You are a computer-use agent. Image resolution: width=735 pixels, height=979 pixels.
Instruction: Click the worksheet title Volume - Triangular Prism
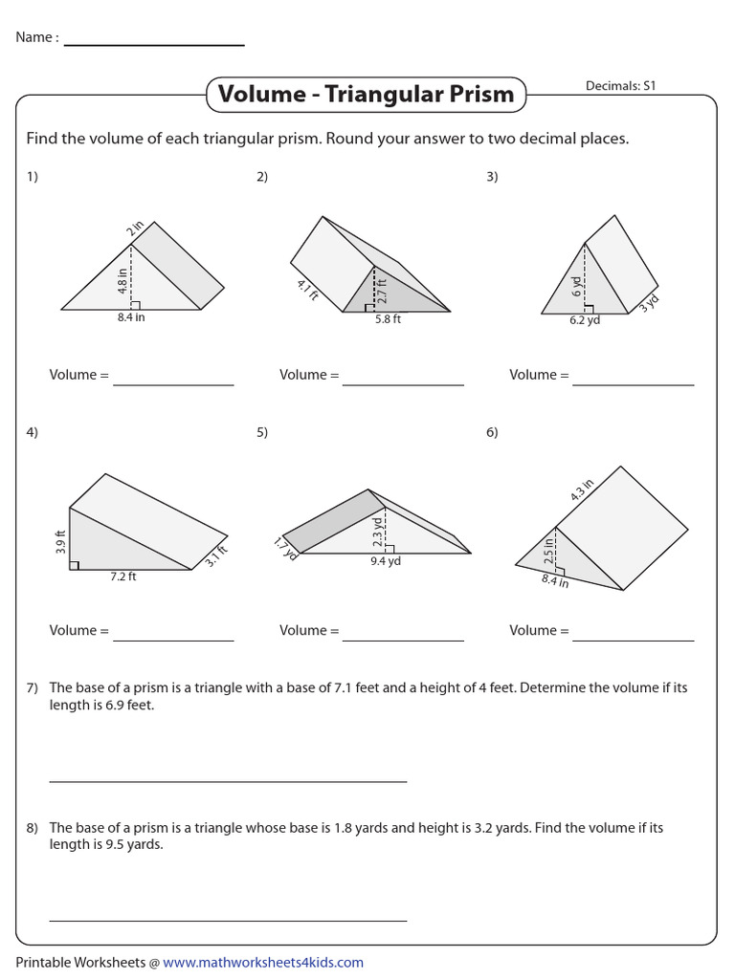[x=366, y=95]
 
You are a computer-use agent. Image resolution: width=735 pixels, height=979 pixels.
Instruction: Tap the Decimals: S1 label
[x=621, y=86]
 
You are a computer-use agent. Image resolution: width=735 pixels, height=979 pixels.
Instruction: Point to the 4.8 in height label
[x=123, y=278]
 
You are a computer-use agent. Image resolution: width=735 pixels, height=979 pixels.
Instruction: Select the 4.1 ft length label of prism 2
[x=307, y=291]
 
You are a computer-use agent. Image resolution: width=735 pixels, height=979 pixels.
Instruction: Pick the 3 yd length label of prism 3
[x=649, y=303]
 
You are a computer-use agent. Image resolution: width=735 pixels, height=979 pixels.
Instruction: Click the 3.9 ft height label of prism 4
[x=60, y=542]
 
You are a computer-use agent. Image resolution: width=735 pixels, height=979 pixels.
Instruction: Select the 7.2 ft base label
[x=123, y=577]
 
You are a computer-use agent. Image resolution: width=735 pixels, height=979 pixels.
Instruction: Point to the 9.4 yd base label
[x=385, y=562]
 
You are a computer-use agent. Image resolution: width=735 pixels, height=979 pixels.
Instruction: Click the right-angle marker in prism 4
[x=74, y=565]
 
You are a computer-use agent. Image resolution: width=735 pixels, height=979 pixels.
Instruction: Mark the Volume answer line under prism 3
[x=633, y=385]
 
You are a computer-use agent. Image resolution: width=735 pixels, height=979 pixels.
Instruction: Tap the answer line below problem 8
[x=228, y=921]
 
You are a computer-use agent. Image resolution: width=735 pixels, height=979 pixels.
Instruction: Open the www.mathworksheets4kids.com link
[x=263, y=963]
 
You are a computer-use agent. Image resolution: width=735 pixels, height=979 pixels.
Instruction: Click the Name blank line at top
[x=153, y=45]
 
